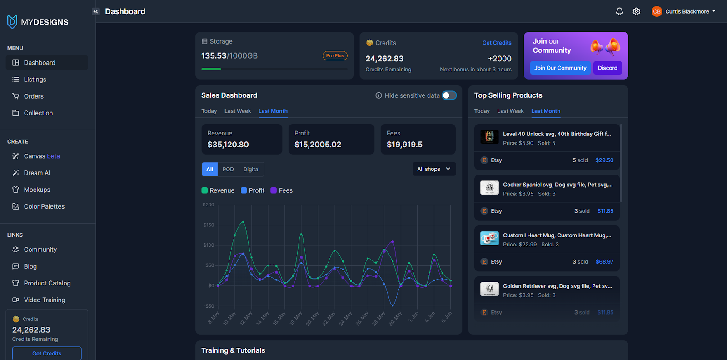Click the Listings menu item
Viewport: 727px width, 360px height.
coord(35,80)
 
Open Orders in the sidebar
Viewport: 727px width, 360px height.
coord(34,96)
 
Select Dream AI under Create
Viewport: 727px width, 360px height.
coord(37,173)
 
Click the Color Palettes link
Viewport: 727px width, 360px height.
coord(44,206)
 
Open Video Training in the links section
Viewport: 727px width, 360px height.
coord(44,300)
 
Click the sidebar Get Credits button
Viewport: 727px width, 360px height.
coord(47,353)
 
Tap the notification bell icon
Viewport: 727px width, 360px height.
coord(619,11)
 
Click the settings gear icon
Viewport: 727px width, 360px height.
coord(637,11)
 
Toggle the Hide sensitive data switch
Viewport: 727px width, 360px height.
coord(449,95)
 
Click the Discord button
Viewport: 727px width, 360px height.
coord(607,68)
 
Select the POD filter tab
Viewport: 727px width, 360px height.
coord(228,170)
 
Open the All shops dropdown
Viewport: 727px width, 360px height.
coord(434,169)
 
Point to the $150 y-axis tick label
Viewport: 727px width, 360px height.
coord(209,225)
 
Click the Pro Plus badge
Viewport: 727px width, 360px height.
coord(335,55)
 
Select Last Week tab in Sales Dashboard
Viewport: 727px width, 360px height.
coord(238,111)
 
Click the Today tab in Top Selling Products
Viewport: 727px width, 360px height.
coord(482,111)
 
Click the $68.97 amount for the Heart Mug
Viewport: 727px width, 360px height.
coord(604,262)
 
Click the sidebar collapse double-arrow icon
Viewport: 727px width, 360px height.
coord(95,11)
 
